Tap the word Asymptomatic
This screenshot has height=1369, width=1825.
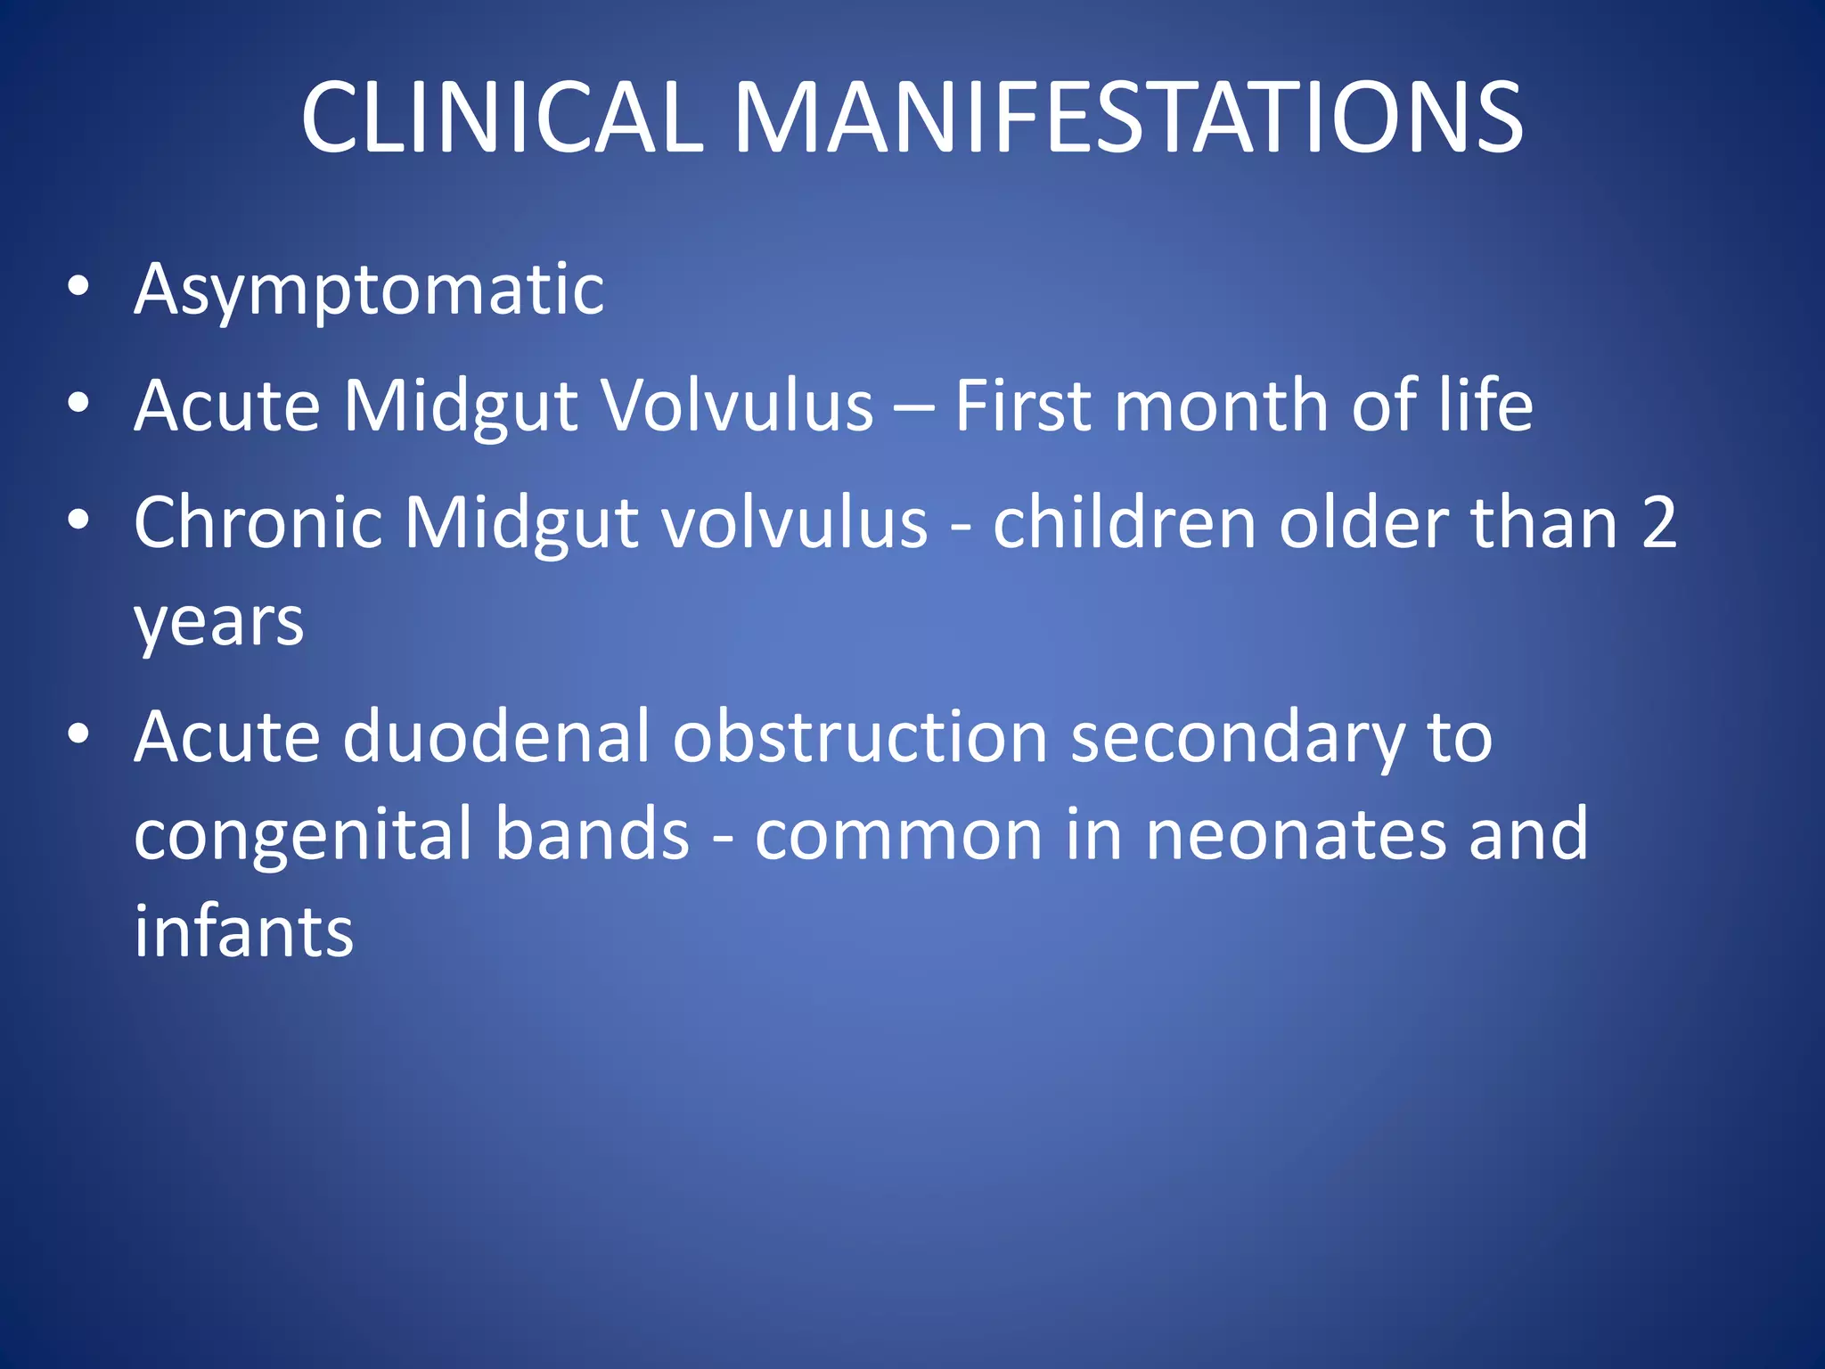click(x=369, y=291)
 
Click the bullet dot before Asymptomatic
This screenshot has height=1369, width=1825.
click(x=78, y=286)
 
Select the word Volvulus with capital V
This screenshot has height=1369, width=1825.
click(x=738, y=406)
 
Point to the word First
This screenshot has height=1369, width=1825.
click(x=1023, y=406)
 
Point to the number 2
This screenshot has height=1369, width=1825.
click(x=1658, y=523)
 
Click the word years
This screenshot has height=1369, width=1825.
click(x=219, y=622)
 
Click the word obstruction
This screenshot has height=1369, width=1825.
click(x=860, y=738)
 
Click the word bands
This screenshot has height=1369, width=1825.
click(x=593, y=834)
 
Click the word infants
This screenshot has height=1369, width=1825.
click(x=243, y=932)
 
